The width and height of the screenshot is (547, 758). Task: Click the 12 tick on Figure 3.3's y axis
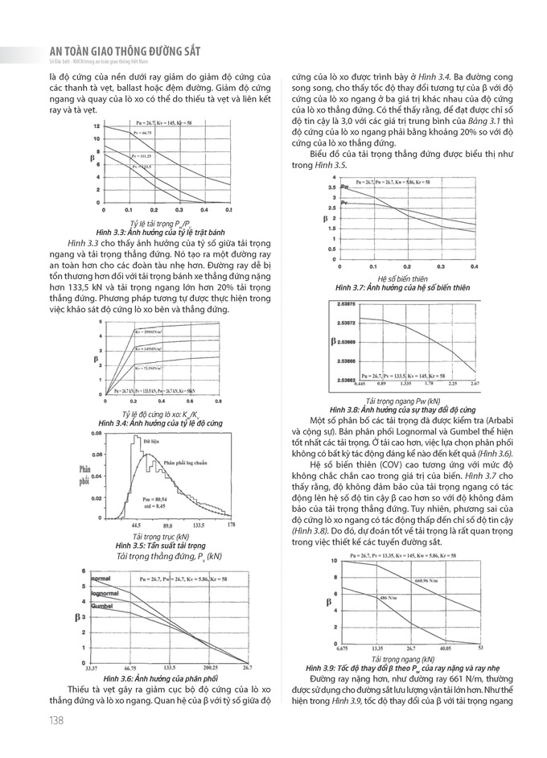pyautogui.click(x=96, y=126)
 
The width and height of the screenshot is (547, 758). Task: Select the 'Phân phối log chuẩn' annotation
pyautogui.click(x=186, y=462)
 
